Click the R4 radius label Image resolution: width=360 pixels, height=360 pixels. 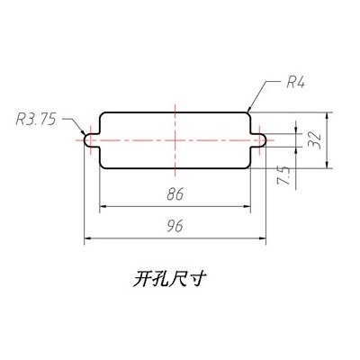(295, 82)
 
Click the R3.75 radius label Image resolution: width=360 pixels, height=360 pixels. (36, 119)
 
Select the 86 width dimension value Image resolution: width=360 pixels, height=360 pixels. (175, 194)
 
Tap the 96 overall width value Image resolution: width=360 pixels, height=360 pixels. (175, 226)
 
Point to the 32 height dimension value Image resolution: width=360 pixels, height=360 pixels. (315, 140)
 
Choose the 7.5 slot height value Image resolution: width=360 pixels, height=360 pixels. (283, 175)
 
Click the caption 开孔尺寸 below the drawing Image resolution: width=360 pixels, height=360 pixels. (169, 279)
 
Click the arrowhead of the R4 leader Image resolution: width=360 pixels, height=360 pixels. (248, 110)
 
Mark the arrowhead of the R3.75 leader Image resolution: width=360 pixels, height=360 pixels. (83, 132)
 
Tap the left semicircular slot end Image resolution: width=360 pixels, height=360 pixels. (85, 140)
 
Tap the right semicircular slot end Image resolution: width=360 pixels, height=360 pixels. (265, 140)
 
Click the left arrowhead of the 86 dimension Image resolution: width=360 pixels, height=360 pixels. (103, 206)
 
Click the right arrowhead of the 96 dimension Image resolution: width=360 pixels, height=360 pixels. (263, 238)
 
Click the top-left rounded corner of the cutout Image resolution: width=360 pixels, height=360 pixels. (101, 114)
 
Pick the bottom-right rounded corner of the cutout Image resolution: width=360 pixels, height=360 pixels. (248, 166)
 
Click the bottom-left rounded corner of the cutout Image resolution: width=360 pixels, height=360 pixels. (101, 166)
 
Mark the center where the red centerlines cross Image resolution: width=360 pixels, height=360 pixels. (175, 140)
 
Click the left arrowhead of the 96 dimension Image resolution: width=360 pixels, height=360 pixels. (88, 238)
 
